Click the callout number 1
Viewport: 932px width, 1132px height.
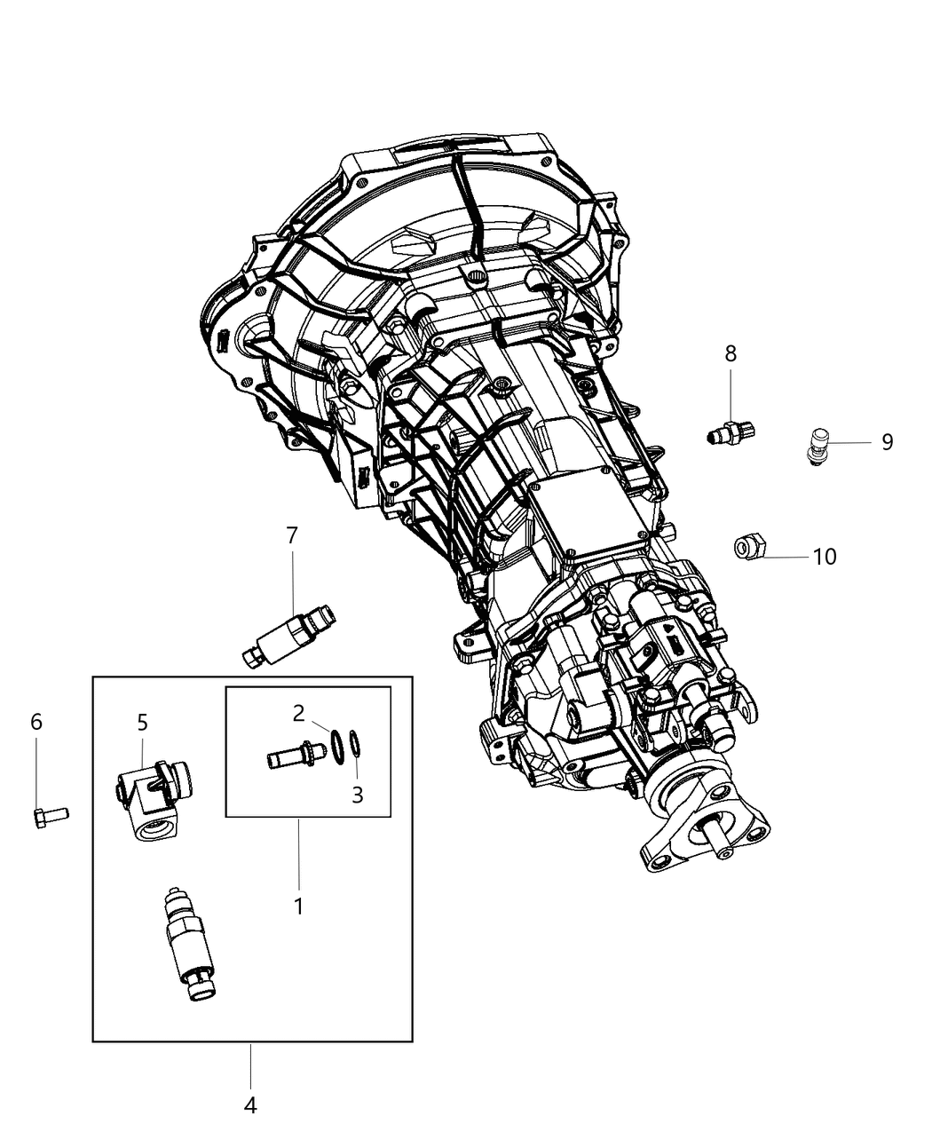tap(298, 906)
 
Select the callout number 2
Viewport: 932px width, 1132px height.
tap(299, 712)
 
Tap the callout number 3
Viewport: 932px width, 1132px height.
tap(357, 795)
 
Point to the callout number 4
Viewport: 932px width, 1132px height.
tap(250, 1105)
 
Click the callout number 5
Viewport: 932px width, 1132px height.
tap(142, 722)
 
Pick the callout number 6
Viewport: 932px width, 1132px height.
tap(36, 722)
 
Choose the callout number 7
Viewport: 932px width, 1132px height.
tap(292, 535)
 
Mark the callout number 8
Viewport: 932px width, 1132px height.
tap(731, 353)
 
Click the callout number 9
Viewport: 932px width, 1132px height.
tap(887, 442)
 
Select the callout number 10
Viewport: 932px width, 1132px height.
tap(825, 557)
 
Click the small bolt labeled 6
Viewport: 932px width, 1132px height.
tap(50, 815)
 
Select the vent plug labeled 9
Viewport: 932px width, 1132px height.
tap(817, 443)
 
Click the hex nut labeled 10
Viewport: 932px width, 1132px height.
tap(746, 547)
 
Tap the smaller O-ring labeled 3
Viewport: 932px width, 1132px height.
tap(354, 742)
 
